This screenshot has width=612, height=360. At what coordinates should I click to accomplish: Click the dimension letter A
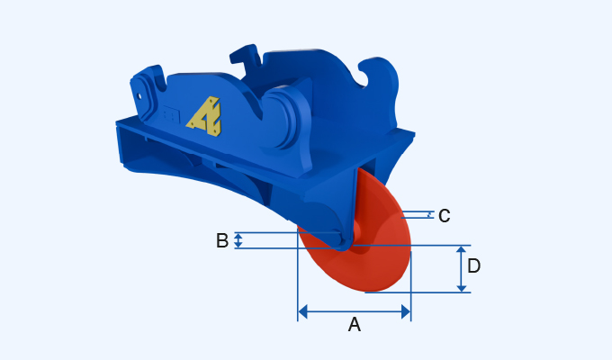point(355,325)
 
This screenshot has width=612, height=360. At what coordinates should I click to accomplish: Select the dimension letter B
point(222,241)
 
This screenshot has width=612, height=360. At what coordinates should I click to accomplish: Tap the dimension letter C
point(443,216)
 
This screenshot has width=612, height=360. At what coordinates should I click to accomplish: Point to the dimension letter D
point(474,266)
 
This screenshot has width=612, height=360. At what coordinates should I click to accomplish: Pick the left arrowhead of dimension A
point(302,311)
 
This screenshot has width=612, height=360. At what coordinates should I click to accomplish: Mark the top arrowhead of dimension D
point(462,251)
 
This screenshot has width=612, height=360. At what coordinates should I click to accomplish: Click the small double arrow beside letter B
point(238,240)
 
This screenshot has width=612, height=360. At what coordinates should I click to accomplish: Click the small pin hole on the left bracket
point(139,91)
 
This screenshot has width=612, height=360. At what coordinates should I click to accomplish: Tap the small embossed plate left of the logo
point(170,116)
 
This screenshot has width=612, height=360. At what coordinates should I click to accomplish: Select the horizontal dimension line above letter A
point(355,311)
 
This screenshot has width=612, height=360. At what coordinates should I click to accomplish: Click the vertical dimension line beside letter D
point(462,268)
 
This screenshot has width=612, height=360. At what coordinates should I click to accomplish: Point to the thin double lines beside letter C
point(418,215)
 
